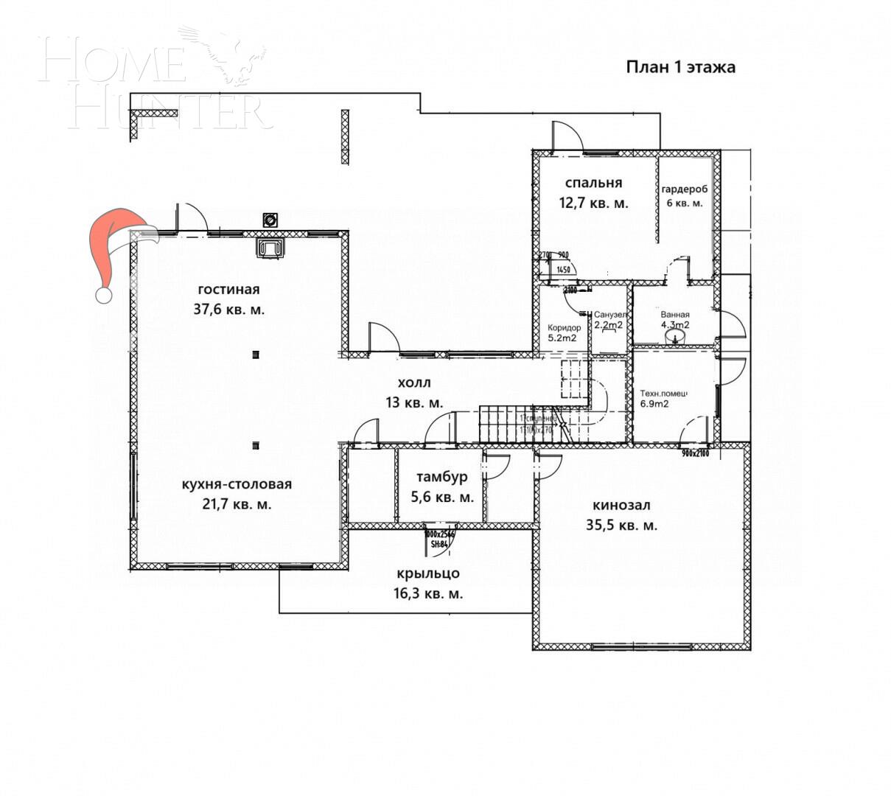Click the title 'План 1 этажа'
[x=680, y=68]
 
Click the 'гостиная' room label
[x=228, y=290]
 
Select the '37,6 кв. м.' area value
[x=228, y=310]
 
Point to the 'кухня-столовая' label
[x=237, y=484]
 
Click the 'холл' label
[x=413, y=383]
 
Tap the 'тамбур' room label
[x=441, y=477]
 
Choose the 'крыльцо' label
[x=428, y=573]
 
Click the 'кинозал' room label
[x=621, y=506]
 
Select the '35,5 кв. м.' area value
[x=624, y=526]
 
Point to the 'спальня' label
[x=593, y=183]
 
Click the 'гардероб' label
[x=685, y=189]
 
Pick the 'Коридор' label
[x=564, y=328]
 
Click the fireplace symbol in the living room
[x=270, y=248]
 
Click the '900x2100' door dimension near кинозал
[x=694, y=453]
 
